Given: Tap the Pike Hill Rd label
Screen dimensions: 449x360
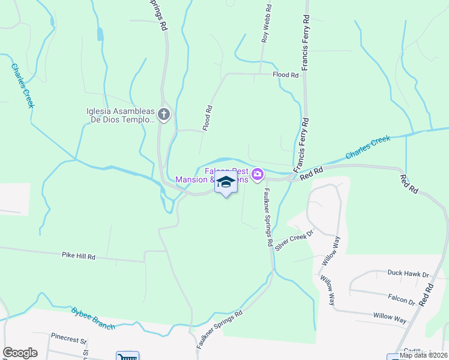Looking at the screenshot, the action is [x=79, y=256].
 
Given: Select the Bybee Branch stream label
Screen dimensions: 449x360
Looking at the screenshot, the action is [x=92, y=318].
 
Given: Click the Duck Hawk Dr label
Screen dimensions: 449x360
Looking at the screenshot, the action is [x=408, y=274].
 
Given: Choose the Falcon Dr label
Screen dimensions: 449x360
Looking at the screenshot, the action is [x=402, y=298].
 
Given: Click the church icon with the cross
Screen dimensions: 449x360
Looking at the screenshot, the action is [x=165, y=113].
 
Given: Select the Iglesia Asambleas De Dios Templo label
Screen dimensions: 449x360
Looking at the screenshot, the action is [x=120, y=115].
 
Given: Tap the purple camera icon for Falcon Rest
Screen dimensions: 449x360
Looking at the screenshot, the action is [x=258, y=174].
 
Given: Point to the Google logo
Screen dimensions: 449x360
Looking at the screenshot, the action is [x=20, y=353].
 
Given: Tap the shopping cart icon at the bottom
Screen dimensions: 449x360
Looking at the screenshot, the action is [x=127, y=356].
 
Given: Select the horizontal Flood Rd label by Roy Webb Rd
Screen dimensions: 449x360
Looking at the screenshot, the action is [x=285, y=75].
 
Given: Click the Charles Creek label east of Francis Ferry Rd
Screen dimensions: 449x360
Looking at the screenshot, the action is [x=367, y=148].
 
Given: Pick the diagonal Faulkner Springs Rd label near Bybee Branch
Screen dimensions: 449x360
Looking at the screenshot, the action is [x=219, y=330].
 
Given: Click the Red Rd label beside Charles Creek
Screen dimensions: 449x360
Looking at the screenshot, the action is [x=312, y=173].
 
